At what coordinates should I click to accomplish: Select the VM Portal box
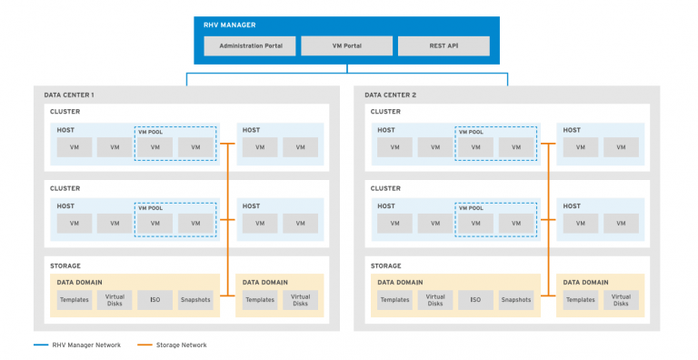tap(346, 45)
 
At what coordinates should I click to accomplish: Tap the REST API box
tap(444, 45)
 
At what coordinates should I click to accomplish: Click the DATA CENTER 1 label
tap(69, 95)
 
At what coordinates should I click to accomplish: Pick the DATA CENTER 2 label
tap(390, 95)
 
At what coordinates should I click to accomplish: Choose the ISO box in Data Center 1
tap(155, 299)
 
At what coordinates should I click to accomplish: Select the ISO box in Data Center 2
tap(475, 299)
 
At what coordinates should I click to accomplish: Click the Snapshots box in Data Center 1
tap(194, 299)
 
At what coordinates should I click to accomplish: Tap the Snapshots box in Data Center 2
tap(515, 299)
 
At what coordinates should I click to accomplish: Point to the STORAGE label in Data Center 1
tap(65, 265)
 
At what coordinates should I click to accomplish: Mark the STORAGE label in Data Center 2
tap(386, 265)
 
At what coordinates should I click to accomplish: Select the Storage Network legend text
tap(185, 345)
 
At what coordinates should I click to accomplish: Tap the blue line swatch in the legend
tap(41, 345)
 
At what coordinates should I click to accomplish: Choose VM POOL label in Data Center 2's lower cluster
tap(470, 208)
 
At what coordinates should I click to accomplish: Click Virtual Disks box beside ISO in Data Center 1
tap(115, 299)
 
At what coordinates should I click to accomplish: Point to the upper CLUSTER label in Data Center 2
tap(385, 113)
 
